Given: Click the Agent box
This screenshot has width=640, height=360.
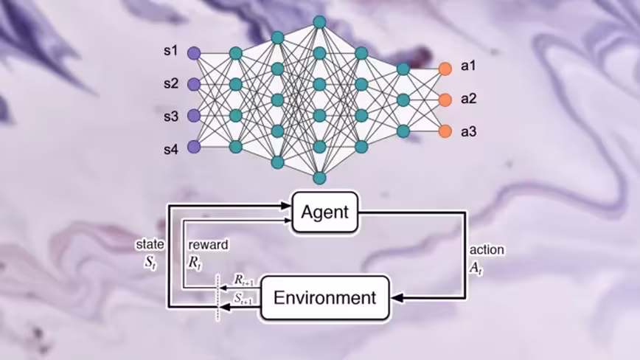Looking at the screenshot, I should [325, 212].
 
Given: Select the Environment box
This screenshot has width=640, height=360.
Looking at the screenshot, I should [324, 298].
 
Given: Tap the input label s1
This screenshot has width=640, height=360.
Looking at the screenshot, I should [171, 52].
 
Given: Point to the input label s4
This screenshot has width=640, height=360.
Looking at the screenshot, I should [171, 150].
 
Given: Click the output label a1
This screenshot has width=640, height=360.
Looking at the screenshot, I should [468, 66].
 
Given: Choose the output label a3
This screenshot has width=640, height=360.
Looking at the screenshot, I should [468, 132].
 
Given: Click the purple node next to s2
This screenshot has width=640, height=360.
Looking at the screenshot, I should [194, 84].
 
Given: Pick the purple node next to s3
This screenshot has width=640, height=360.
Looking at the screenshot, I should [194, 116].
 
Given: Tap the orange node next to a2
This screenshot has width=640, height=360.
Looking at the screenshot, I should [445, 100].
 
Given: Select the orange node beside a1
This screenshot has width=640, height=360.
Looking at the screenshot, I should [445, 68].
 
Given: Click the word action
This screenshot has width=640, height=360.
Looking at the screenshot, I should [487, 250].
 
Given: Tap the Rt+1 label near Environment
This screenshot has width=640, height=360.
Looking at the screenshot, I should [243, 280].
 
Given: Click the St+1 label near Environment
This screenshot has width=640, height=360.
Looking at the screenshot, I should [243, 297].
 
